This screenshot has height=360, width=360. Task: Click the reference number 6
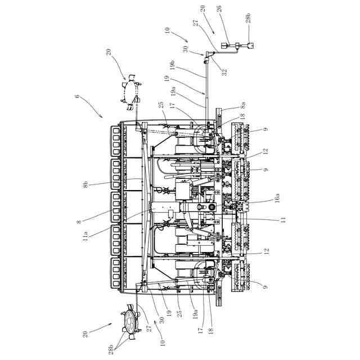coord(77,96)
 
